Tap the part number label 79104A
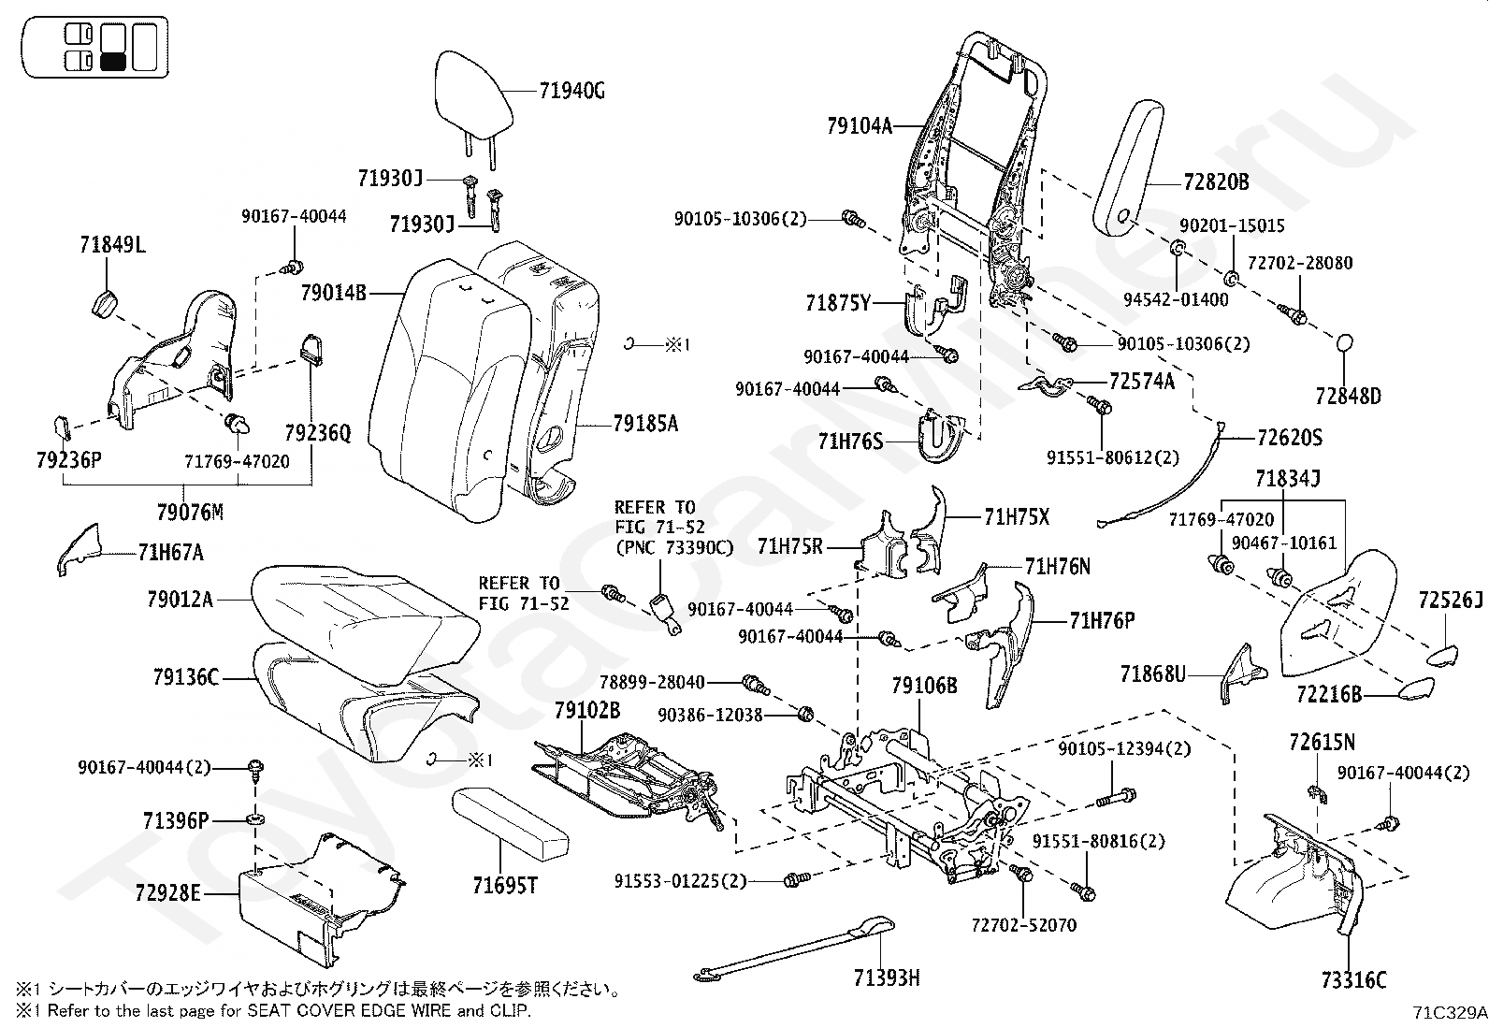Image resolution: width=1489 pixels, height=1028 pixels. click(860, 125)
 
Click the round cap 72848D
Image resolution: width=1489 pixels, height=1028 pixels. click(1343, 343)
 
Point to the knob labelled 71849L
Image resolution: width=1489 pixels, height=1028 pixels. click(106, 305)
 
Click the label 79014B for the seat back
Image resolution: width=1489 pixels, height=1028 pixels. click(333, 293)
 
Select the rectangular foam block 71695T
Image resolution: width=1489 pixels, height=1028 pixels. click(510, 823)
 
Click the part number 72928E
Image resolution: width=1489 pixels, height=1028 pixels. click(167, 892)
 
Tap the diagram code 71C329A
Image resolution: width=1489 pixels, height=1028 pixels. click(1450, 1012)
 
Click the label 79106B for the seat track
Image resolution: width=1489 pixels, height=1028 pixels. click(924, 686)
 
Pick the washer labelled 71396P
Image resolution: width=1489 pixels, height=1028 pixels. click(255, 818)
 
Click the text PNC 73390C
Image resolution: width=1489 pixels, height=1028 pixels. click(674, 547)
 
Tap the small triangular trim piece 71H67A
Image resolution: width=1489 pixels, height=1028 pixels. click(80, 549)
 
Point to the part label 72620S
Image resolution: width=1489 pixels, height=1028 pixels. click(1290, 438)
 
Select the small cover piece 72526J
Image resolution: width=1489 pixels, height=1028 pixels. click(1443, 656)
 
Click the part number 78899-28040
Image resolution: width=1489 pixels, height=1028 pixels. click(652, 682)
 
